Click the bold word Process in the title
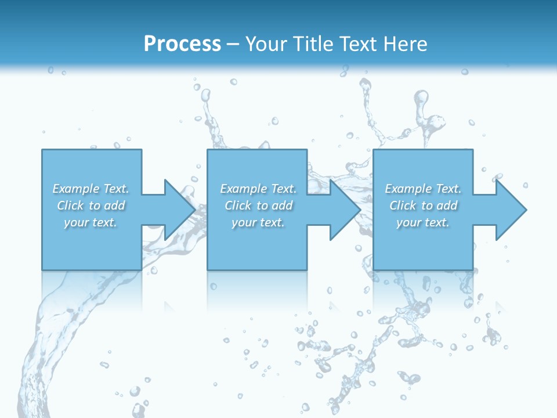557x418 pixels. (x=182, y=44)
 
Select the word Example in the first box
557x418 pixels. (x=76, y=189)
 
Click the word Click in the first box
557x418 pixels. (x=70, y=206)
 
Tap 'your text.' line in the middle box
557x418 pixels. (x=258, y=222)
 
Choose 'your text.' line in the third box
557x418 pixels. (x=423, y=222)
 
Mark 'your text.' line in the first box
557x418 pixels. (x=91, y=222)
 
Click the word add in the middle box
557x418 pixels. (x=282, y=206)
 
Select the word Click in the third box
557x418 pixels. (x=403, y=206)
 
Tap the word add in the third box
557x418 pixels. (x=447, y=206)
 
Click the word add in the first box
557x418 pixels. (x=114, y=206)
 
